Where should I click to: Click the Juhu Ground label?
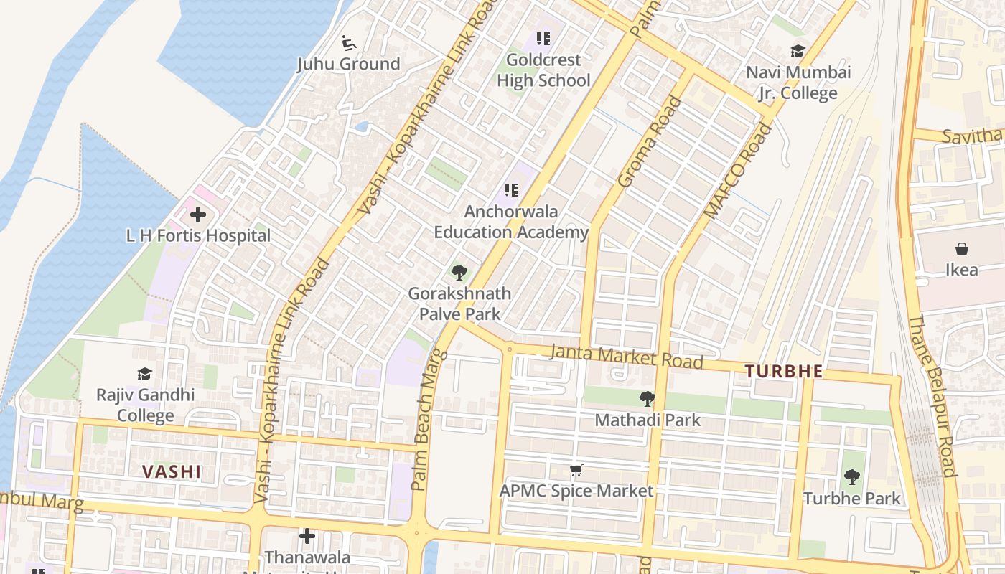tap(349, 64)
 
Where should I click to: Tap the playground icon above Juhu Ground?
tap(349, 43)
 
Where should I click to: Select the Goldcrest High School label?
tap(543, 70)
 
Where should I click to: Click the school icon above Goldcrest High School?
tap(543, 39)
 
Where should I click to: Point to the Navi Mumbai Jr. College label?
tap(798, 83)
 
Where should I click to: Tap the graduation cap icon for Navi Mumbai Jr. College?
tap(798, 51)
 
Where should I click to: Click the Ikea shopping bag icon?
tap(962, 249)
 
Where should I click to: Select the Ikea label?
tap(962, 270)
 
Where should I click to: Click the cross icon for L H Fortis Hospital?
tap(197, 214)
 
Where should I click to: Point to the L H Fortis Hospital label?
tap(198, 235)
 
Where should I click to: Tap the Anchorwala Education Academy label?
tap(511, 222)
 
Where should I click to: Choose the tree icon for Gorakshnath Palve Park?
tap(459, 272)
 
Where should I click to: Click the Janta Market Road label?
tap(626, 357)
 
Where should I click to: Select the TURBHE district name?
tap(783, 372)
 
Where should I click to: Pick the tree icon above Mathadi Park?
tap(647, 398)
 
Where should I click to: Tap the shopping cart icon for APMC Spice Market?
tap(576, 471)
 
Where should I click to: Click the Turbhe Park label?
tap(851, 498)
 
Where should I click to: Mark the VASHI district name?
tap(171, 471)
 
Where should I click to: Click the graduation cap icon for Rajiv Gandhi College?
tap(145, 374)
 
